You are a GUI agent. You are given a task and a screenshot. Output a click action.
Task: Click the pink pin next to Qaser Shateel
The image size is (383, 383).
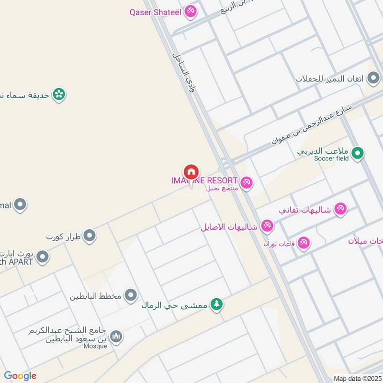click(191, 11)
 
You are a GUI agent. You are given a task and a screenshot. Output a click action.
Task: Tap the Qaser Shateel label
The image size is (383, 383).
click(155, 12)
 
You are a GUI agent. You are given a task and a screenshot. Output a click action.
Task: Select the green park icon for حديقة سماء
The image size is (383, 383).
click(59, 94)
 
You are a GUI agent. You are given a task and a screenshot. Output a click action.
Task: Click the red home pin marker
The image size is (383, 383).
click(191, 172)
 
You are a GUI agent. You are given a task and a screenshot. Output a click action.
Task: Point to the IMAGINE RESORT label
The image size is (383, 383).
click(204, 180)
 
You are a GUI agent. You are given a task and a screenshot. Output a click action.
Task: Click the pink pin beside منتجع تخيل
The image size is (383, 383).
click(247, 183)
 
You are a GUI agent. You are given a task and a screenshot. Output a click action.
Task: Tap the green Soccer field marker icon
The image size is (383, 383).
click(357, 153)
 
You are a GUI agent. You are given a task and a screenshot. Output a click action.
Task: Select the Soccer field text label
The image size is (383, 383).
click(331, 158)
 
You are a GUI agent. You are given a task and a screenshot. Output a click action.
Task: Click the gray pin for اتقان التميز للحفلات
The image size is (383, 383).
click(373, 78)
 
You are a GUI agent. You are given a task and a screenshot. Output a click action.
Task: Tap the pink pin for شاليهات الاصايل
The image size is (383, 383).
click(267, 226)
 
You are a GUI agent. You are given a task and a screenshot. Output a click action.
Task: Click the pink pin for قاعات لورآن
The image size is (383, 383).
click(303, 243)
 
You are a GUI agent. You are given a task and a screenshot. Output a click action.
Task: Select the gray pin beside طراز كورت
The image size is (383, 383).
click(90, 236)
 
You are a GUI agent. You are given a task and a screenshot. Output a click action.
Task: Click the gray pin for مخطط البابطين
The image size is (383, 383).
click(131, 295)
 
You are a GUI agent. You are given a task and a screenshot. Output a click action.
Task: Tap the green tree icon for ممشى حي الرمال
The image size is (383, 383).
click(217, 304)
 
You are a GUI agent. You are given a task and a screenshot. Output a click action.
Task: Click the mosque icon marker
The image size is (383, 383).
click(116, 338)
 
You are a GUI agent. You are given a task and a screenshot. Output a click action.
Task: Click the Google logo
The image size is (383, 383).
click(20, 376)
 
